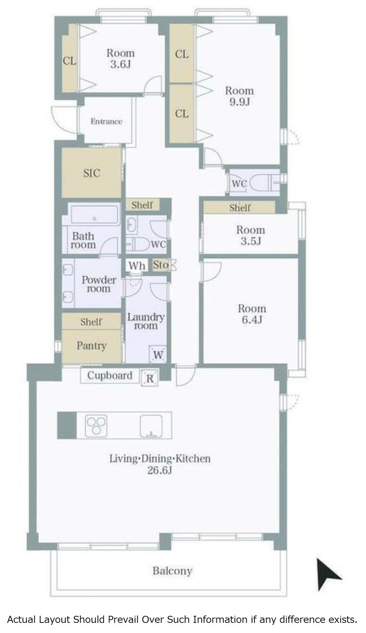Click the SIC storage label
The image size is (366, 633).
coord(92,173)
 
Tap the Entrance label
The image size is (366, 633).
coord(106,121)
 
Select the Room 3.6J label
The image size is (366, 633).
coord(120,58)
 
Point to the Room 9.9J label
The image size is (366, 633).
coord(239,96)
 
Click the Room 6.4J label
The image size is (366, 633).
coord(252,314)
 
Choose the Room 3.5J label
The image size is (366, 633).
coord(250,235)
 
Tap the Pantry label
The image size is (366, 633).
coord(91,346)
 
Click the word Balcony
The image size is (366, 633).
coord(172,571)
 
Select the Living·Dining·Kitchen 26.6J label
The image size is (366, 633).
coord(160,464)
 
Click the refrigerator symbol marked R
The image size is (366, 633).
coord(150,378)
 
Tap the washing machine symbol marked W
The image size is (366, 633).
coord(158,355)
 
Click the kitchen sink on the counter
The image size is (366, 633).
coord(152,426)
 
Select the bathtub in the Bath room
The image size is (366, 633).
coord(95,215)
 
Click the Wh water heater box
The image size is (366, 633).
coord(137,266)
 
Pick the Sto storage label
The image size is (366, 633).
coord(161,265)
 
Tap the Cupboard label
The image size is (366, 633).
coord(110,375)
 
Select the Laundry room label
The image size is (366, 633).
coord(146,321)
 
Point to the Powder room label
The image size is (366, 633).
coord(99,284)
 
